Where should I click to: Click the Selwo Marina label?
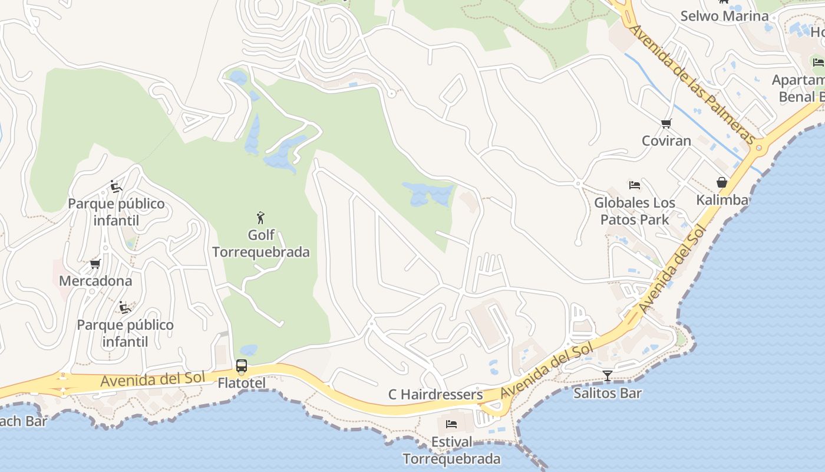tap(724, 16)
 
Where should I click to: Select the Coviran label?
tap(666, 141)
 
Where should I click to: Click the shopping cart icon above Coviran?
tap(666, 124)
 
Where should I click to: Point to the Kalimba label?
tap(722, 200)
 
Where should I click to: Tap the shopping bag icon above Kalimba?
tap(721, 182)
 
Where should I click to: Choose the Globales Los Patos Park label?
tap(635, 211)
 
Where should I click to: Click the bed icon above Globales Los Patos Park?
tap(635, 185)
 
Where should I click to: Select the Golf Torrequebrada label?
tap(260, 244)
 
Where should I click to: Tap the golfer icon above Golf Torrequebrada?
tap(260, 218)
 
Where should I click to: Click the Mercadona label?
tap(95, 281)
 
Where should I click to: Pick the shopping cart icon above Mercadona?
tap(95, 264)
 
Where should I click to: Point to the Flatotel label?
tap(242, 383)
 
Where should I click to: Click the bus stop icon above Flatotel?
tap(242, 366)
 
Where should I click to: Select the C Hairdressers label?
tap(435, 395)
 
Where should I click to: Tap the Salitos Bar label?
tap(607, 393)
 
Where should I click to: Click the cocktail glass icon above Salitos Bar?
tap(607, 376)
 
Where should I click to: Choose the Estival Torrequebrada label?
tap(451, 450)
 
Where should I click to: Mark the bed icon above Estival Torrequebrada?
tap(451, 424)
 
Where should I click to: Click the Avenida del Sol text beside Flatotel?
tap(152, 379)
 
